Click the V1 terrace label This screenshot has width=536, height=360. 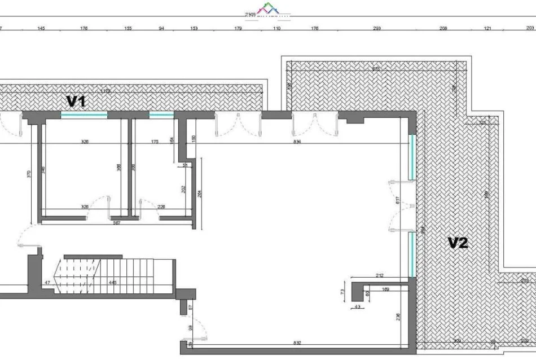(x=77, y=101)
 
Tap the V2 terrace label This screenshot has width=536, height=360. (x=458, y=243)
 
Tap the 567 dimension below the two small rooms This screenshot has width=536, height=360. (x=117, y=222)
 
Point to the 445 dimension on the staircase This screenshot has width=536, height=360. (x=113, y=282)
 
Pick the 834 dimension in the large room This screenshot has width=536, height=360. (x=297, y=142)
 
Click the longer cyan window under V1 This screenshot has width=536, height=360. (x=84, y=115)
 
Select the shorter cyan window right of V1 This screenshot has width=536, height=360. (x=161, y=115)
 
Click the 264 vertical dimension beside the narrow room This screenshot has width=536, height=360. (x=199, y=193)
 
